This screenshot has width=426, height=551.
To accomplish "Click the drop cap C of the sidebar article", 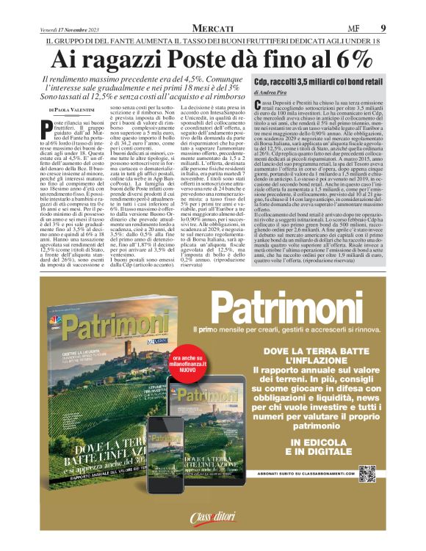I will [258, 106].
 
